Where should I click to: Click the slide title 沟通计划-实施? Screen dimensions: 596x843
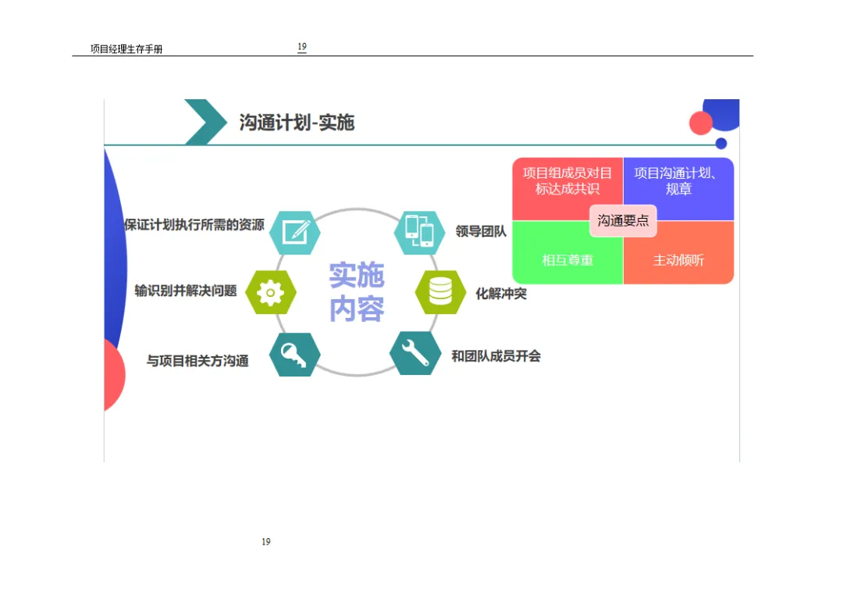297,123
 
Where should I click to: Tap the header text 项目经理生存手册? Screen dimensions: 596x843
126,49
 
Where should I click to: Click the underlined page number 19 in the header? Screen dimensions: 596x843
302,47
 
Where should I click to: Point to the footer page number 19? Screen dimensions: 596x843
266,541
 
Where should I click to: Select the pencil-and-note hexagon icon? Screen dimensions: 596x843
295,232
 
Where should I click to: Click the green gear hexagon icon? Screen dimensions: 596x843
270,292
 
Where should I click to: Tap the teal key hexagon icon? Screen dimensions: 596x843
294,355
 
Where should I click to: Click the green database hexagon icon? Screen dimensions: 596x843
440,291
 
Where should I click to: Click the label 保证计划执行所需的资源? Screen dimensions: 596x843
194,225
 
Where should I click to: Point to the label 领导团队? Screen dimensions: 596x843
481,231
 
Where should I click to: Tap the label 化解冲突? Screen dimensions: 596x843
501,294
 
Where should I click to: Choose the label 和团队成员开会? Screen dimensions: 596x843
496,356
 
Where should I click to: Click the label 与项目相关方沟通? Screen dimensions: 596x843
197,361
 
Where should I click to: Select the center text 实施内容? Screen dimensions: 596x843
357,292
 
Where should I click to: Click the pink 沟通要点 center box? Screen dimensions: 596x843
623,220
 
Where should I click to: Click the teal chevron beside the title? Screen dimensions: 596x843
205,122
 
